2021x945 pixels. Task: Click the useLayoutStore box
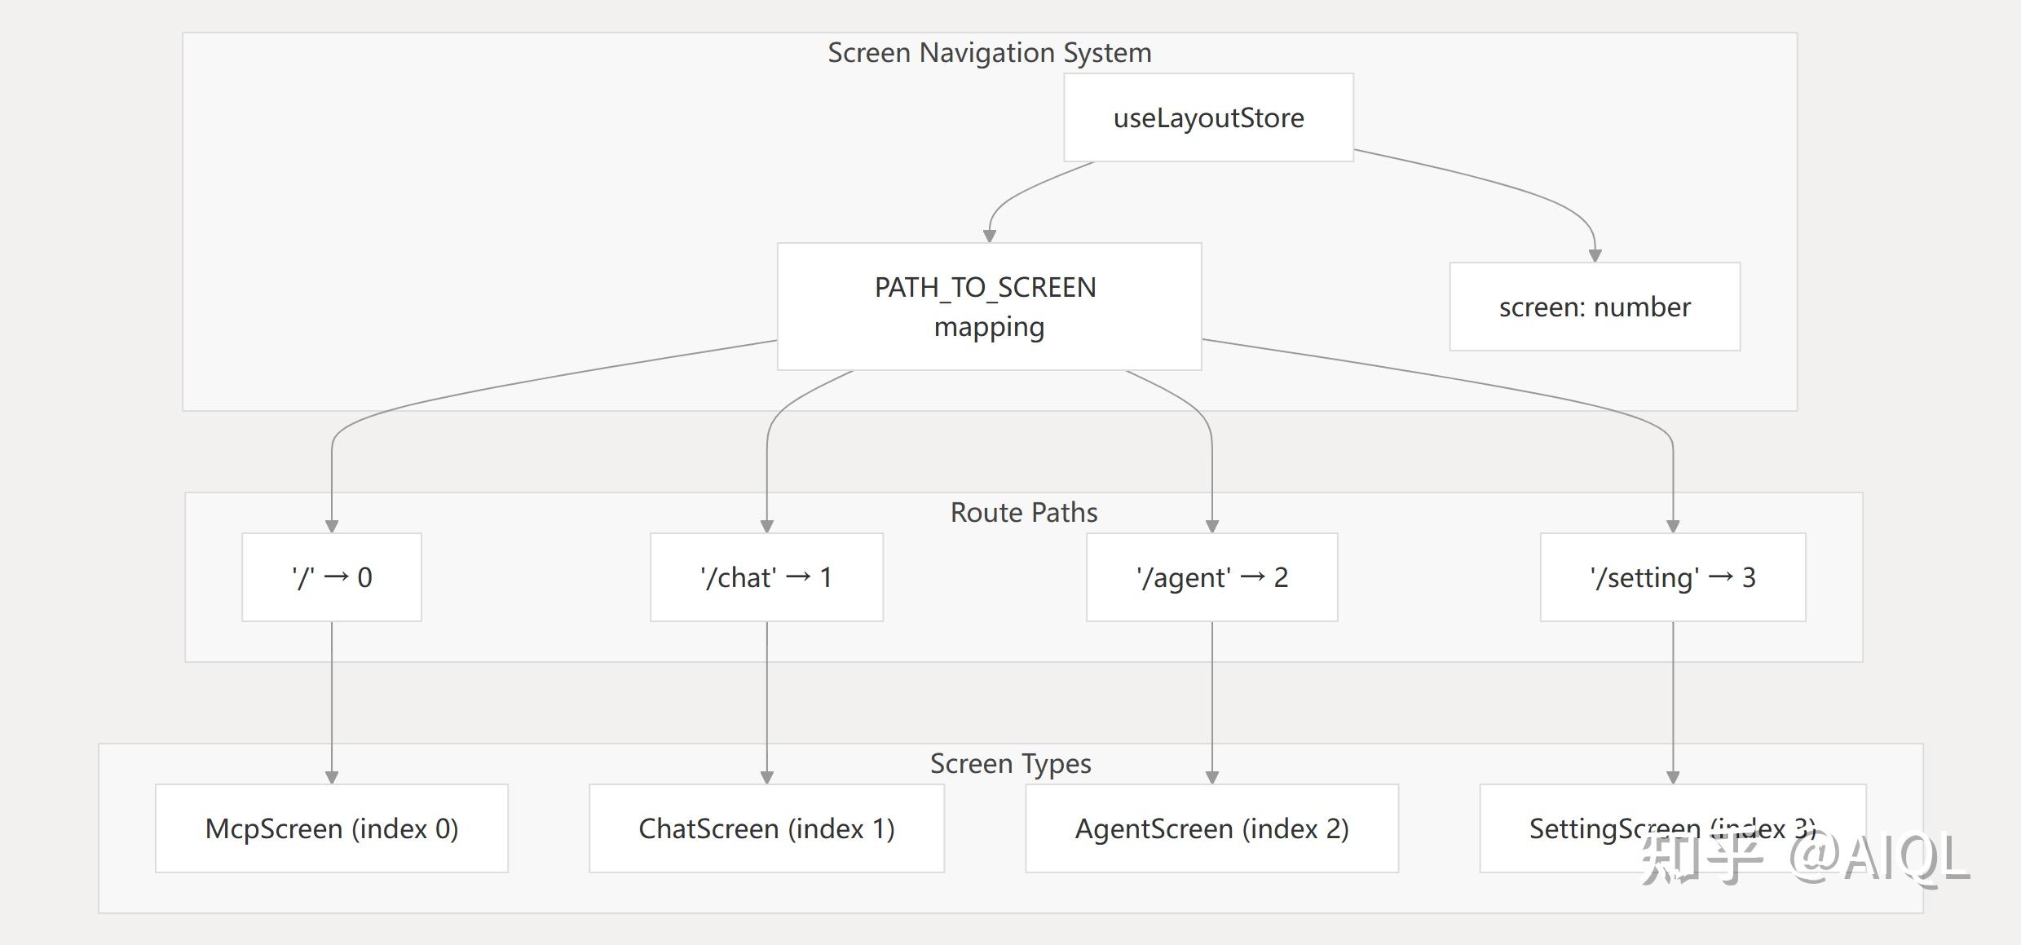pyautogui.click(x=1208, y=117)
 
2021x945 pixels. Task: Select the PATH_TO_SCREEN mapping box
pyautogui.click(x=989, y=307)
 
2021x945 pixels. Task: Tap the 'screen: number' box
pyautogui.click(x=1595, y=307)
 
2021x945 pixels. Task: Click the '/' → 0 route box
pyautogui.click(x=332, y=577)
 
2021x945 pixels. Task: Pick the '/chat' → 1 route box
pyautogui.click(x=766, y=577)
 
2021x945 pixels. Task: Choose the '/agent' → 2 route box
pyautogui.click(x=1211, y=577)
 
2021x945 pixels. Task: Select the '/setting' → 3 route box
pyautogui.click(x=1673, y=577)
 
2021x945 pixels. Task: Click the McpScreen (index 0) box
pyautogui.click(x=332, y=828)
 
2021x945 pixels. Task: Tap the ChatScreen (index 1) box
pyautogui.click(x=766, y=828)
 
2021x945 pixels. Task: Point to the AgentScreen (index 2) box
pyautogui.click(x=1211, y=828)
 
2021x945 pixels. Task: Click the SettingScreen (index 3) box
pyautogui.click(x=1673, y=828)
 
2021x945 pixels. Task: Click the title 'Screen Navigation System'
pyautogui.click(x=990, y=53)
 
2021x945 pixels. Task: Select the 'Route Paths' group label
pyautogui.click(x=1024, y=512)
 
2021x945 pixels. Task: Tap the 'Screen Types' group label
pyautogui.click(x=1011, y=764)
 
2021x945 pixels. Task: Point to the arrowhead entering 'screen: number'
pyautogui.click(x=1595, y=256)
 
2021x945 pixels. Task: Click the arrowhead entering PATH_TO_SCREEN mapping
pyautogui.click(x=990, y=236)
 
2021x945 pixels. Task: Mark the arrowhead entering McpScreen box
pyautogui.click(x=332, y=778)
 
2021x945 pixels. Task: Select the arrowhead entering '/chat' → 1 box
pyautogui.click(x=766, y=527)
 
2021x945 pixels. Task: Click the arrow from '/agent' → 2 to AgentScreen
pyautogui.click(x=1211, y=703)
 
